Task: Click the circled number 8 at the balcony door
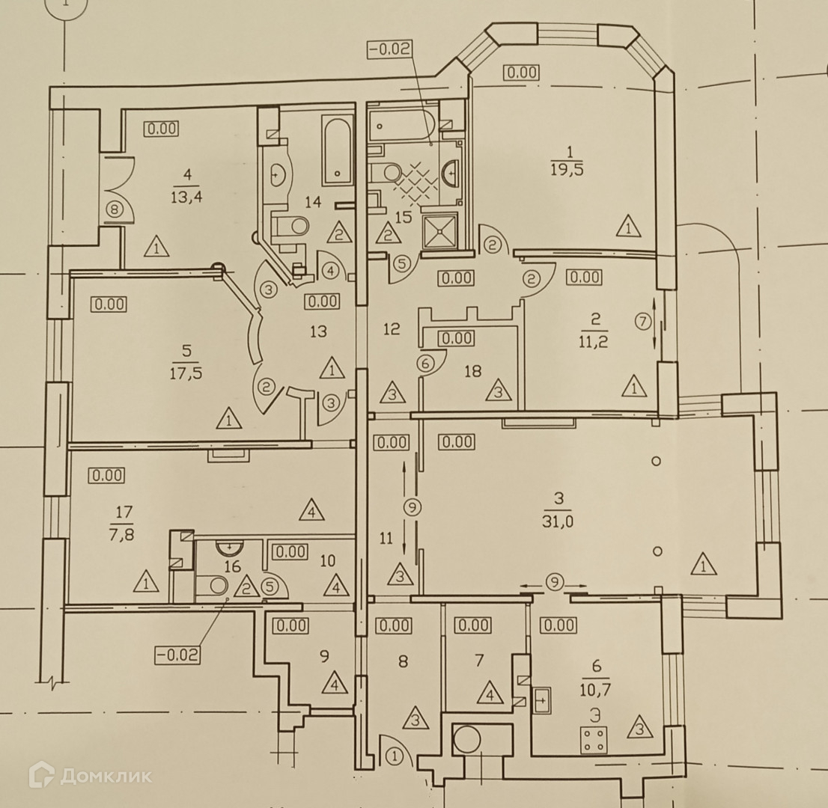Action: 114,210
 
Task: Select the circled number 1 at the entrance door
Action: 396,758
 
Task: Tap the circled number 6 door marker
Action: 424,364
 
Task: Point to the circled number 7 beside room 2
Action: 642,322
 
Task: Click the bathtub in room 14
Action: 338,150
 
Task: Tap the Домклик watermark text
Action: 105,776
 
